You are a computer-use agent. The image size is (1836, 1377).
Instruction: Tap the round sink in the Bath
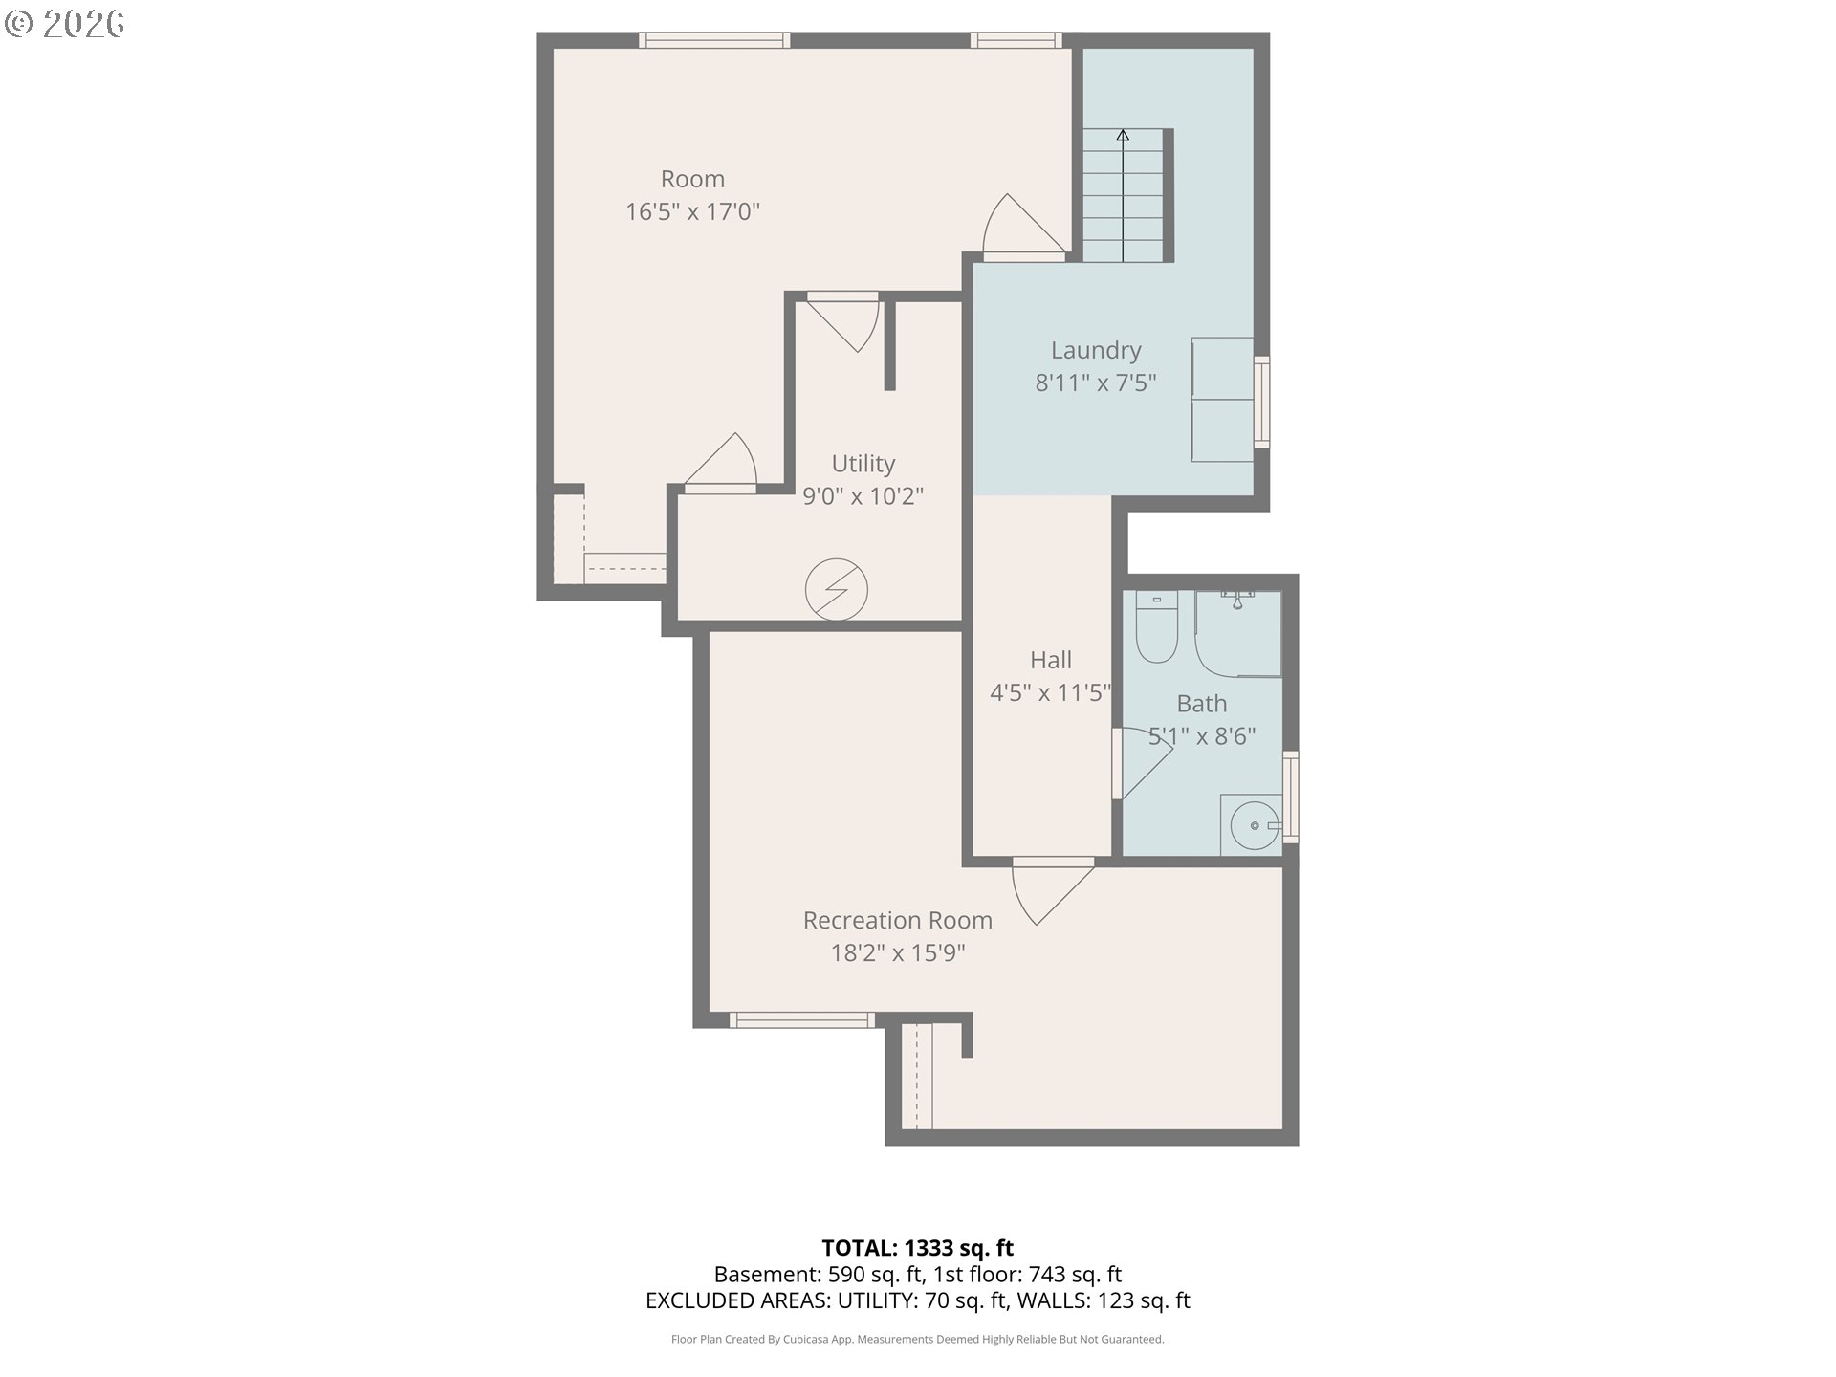coord(1254,825)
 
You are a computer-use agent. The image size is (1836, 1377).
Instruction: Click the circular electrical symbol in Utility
coord(836,589)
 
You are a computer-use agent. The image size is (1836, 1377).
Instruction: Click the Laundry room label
coord(1096,351)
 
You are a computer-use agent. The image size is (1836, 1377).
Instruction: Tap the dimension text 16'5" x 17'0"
coord(692,211)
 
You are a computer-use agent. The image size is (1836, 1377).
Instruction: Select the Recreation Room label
coord(897,920)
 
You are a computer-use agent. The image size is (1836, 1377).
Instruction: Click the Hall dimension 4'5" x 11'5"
coord(1050,692)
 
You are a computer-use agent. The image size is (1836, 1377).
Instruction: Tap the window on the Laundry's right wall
coord(1262,402)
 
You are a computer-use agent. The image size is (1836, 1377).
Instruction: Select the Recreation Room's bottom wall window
coord(801,1020)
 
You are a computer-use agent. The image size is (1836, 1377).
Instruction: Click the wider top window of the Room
coord(714,40)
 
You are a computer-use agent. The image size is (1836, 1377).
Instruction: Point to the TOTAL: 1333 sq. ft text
coord(917,1248)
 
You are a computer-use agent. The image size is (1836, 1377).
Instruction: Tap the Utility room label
coord(863,464)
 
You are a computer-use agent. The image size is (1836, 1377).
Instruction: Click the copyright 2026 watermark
coord(65,24)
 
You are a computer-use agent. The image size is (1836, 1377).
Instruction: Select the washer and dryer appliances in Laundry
coord(1222,400)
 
